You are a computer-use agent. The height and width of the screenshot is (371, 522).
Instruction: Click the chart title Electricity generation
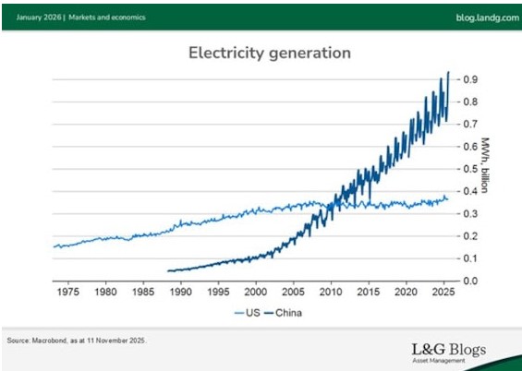[x=269, y=53]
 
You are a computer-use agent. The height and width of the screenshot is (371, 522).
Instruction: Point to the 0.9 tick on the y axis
[x=470, y=79]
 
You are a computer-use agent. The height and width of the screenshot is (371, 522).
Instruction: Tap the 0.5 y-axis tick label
[x=470, y=169]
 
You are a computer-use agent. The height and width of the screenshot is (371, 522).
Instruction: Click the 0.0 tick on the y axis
[x=470, y=281]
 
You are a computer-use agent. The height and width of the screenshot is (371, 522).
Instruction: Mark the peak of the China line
[x=448, y=71]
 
